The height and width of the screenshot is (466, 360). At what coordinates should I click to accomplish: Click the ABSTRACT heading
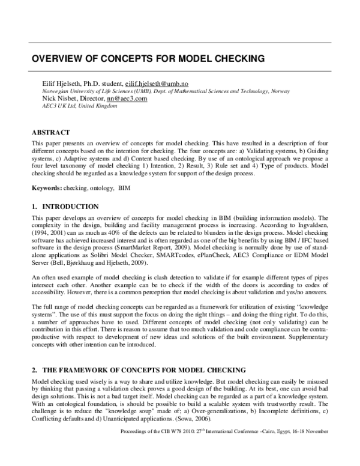coord(51,132)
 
